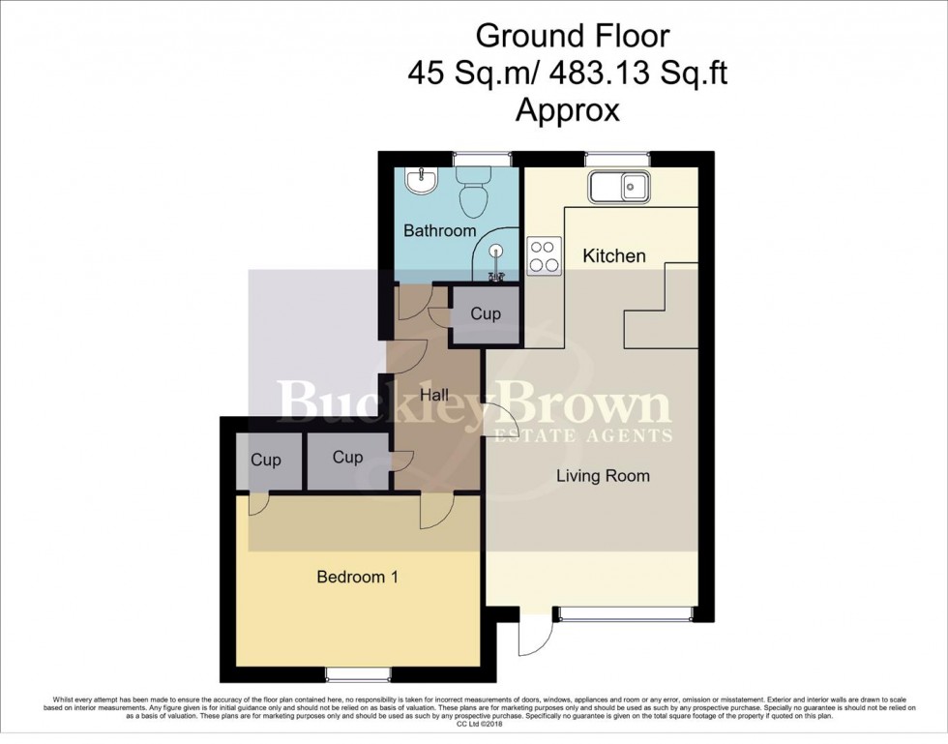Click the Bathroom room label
tap(439, 231)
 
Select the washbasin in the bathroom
tap(422, 182)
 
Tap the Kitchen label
tap(614, 256)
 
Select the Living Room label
tap(602, 476)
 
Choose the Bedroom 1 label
tap(358, 578)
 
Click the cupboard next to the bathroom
tap(486, 314)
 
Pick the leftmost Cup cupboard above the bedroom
tap(265, 460)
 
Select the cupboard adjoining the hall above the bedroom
tap(347, 458)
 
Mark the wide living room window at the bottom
tap(624, 613)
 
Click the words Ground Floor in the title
tap(572, 38)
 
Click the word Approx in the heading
tap(567, 110)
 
